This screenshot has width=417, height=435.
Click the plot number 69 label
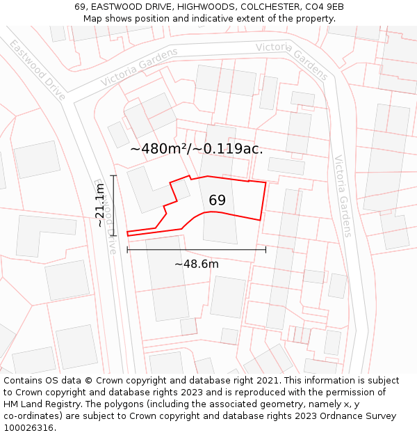tap(217, 200)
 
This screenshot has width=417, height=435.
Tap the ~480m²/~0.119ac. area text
tap(197, 148)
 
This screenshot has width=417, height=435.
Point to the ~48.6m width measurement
tap(197, 264)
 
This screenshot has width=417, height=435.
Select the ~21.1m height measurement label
tap(100, 205)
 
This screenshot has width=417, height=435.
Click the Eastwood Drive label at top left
tap(38, 70)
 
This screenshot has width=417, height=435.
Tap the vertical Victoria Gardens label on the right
tap(343, 196)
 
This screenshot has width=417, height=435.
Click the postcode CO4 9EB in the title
tap(325, 7)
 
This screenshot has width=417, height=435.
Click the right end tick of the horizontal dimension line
tap(265, 249)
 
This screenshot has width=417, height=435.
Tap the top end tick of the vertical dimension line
tap(113, 175)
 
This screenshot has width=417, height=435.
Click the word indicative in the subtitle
tap(211, 19)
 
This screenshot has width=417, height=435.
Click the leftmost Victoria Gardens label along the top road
tap(139, 67)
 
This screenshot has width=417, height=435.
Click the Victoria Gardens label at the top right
tap(292, 61)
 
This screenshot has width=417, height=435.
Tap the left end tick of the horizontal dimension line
tap(127, 249)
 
